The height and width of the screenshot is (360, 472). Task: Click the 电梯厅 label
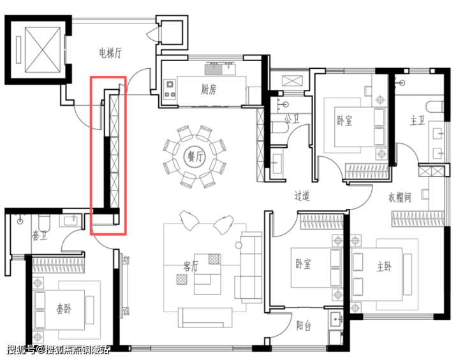pyautogui.click(x=110, y=53)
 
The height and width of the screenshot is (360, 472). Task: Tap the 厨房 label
pyautogui.click(x=209, y=89)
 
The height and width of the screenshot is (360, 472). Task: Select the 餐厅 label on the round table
pyautogui.click(x=195, y=157)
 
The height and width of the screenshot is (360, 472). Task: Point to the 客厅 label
pyautogui.click(x=191, y=266)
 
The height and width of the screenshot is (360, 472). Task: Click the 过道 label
pyautogui.click(x=302, y=196)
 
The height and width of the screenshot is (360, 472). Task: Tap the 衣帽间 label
pyautogui.click(x=399, y=198)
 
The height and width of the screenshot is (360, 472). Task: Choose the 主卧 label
pyautogui.click(x=384, y=266)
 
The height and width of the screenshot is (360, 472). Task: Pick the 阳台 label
pyautogui.click(x=304, y=326)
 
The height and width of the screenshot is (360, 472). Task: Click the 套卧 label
pyautogui.click(x=64, y=309)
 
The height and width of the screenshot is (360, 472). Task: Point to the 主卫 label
pyautogui.click(x=418, y=121)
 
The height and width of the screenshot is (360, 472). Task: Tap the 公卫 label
pyautogui.click(x=292, y=120)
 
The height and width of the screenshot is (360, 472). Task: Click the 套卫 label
pyautogui.click(x=40, y=236)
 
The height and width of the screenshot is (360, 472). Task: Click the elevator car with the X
pyautogui.click(x=43, y=50)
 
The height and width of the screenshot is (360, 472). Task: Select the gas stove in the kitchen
pyautogui.click(x=170, y=89)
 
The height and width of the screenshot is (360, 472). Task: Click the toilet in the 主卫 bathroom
pyautogui.click(x=434, y=107)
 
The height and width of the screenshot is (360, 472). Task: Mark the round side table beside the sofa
pyautogui.click(x=239, y=245)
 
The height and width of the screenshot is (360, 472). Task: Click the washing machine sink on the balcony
pyautogui.click(x=336, y=319)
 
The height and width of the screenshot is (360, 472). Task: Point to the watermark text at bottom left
pyautogui.click(x=59, y=350)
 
